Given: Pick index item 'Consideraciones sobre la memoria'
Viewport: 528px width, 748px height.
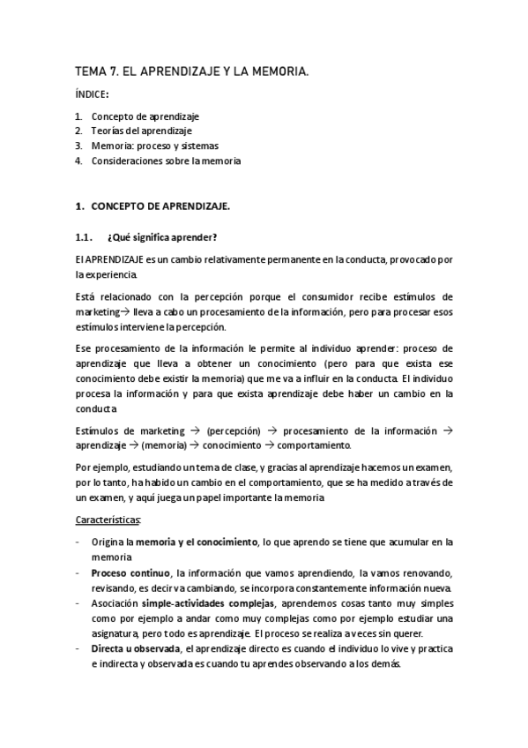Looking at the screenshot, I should click(x=166, y=161).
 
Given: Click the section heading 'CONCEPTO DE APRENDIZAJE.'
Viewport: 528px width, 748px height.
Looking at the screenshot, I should click(x=160, y=206).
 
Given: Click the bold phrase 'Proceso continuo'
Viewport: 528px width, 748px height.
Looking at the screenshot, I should click(x=130, y=572).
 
